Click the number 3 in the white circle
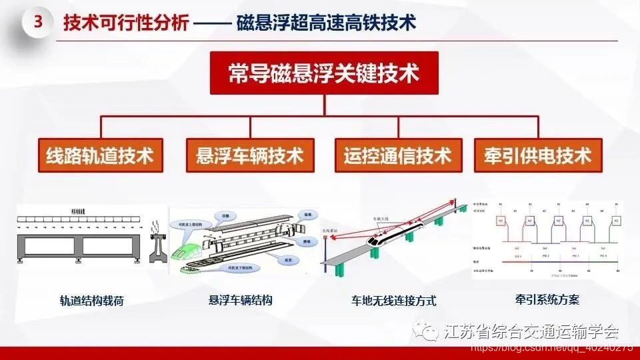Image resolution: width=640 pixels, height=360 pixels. pos(38,22)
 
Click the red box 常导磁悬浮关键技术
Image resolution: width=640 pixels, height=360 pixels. pos(324,73)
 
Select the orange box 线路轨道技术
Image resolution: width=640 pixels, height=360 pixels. pos(100,156)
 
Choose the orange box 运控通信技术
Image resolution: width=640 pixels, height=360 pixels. pos(398,156)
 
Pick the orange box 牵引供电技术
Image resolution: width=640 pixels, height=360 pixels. pos(537,156)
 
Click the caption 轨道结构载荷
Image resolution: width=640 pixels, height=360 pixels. pos(91,301)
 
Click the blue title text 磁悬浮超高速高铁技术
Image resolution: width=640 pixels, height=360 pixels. pos(326,23)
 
